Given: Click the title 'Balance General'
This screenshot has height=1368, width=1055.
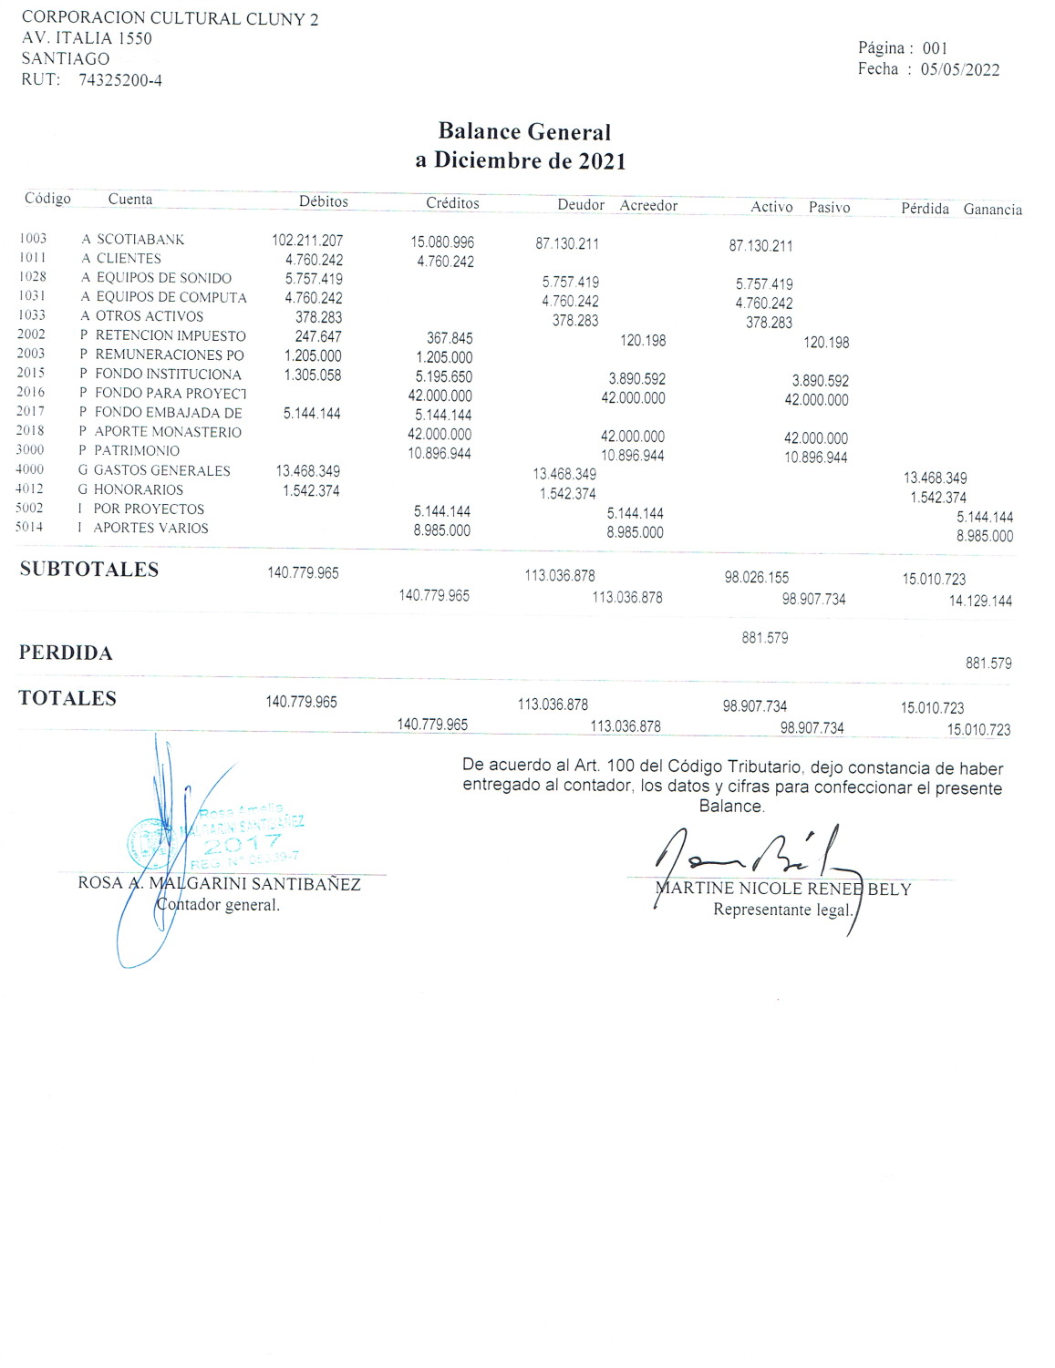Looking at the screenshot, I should point(524,132).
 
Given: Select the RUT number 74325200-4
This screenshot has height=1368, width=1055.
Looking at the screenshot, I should point(120,80).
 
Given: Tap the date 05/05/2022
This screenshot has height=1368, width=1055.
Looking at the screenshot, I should point(959,70).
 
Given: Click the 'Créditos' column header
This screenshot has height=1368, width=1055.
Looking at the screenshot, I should point(452,203).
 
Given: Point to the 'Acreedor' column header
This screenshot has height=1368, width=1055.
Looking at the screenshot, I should point(648,206).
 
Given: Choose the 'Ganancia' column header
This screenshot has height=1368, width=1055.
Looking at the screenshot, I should point(992,210).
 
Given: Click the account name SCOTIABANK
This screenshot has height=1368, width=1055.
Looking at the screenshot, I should point(140,240).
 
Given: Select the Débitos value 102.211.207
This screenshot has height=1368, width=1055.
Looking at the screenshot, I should point(307,241).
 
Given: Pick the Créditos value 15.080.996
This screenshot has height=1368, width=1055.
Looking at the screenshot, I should point(442,242).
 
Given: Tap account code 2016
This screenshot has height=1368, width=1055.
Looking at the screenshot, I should point(30,392).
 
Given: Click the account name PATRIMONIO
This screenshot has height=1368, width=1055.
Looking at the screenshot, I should point(137,451).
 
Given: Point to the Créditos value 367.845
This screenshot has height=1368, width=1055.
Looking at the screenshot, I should point(450,338).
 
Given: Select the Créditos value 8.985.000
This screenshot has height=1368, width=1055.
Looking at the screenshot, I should point(442,530).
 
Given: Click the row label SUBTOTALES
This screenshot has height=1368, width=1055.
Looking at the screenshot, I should point(89,570).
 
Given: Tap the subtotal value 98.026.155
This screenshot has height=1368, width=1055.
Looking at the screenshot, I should point(757,578).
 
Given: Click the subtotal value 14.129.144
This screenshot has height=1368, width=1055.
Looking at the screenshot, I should point(980,602).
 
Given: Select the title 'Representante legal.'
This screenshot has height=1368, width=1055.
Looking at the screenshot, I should point(782,910).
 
